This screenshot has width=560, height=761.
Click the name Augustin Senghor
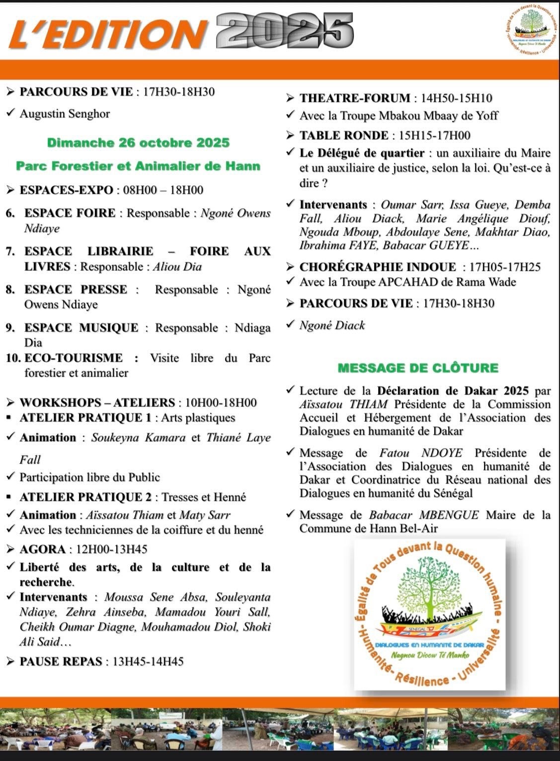tap(65, 114)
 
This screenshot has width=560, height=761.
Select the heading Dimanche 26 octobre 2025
tap(138, 143)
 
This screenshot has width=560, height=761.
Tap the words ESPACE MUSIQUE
tap(81, 328)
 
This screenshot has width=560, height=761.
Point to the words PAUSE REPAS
tap(61, 662)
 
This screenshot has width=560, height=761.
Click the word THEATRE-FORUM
tap(355, 98)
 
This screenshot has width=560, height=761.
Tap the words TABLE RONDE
tap(344, 136)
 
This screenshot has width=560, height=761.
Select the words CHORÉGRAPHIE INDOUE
tap(378, 267)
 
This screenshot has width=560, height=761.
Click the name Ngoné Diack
tap(332, 325)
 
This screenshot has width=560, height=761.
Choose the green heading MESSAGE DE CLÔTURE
tap(418, 368)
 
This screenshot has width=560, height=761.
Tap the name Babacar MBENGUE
tap(424, 515)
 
